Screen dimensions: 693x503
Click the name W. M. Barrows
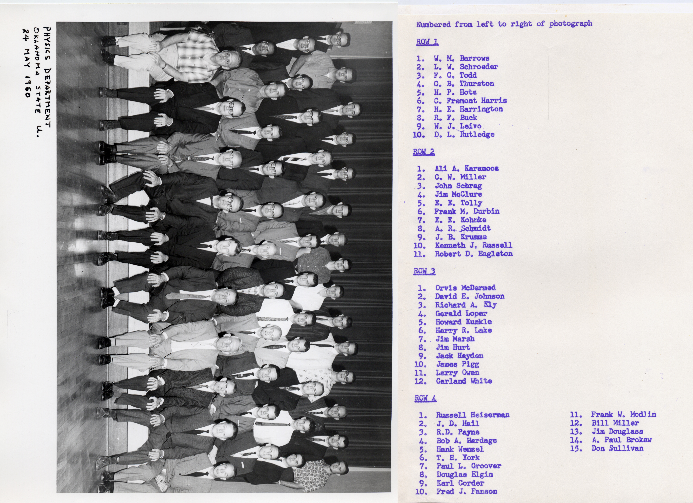tap(461, 58)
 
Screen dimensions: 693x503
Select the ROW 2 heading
tap(424, 152)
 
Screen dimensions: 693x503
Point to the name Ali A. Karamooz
tap(467, 168)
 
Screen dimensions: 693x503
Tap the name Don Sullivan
tap(617, 448)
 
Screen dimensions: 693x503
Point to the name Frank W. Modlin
tap(623, 414)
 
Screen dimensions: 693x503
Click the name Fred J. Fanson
tap(467, 491)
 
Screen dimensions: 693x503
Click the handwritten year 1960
tap(27, 86)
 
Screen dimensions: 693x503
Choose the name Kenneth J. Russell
tap(474, 245)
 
